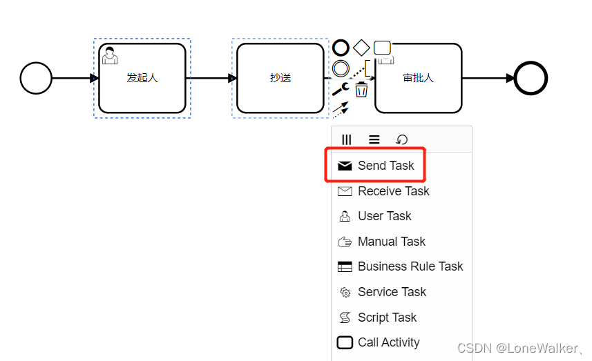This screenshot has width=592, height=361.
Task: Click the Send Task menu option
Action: (385, 166)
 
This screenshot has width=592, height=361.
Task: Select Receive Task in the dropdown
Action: (393, 191)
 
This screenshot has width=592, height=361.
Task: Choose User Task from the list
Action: (384, 216)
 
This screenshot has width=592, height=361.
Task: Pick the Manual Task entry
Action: (391, 242)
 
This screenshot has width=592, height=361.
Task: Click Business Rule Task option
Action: (410, 266)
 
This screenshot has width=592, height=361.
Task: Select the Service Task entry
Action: (392, 292)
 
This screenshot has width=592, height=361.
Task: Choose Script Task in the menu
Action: (387, 318)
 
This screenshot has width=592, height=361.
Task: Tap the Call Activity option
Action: (388, 342)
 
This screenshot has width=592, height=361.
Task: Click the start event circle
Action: (36, 78)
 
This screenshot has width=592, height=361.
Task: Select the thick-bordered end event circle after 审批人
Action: (531, 78)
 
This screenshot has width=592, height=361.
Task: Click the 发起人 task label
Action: (142, 78)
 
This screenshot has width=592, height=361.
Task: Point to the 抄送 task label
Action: (280, 78)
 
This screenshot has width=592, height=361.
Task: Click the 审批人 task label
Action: (418, 78)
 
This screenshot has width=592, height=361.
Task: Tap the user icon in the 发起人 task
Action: (110, 55)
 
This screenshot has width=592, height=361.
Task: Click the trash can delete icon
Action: (361, 89)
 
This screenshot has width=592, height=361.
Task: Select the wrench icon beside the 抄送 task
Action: (340, 88)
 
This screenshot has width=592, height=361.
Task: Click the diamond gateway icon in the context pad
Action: (361, 48)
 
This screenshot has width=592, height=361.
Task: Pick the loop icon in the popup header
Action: (401, 139)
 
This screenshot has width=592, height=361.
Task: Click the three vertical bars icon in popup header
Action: (347, 139)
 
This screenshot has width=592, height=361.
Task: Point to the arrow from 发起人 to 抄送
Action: (211, 78)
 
